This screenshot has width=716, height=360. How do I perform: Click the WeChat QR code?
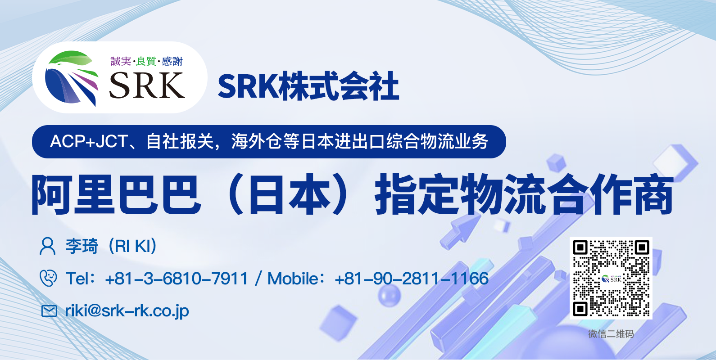(x=611, y=278)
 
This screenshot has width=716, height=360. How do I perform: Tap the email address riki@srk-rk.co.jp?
(x=127, y=311)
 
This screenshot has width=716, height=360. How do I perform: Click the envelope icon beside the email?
(x=49, y=311)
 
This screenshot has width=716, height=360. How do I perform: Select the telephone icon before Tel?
(x=48, y=278)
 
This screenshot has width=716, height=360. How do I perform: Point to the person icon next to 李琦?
(x=48, y=246)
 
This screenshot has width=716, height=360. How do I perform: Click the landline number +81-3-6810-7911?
(x=177, y=279)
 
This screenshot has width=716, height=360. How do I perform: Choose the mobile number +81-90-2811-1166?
(x=412, y=279)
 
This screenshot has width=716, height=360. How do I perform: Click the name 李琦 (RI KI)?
(x=111, y=246)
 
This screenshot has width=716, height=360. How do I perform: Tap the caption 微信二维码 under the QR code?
(x=611, y=334)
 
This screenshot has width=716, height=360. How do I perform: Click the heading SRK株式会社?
(x=308, y=86)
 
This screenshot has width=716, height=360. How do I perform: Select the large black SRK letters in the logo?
(x=147, y=85)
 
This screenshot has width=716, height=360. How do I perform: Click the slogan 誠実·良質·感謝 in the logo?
(x=146, y=61)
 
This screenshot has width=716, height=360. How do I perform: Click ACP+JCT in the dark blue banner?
(x=89, y=141)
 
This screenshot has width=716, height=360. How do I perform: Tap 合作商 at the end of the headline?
(x=610, y=194)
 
